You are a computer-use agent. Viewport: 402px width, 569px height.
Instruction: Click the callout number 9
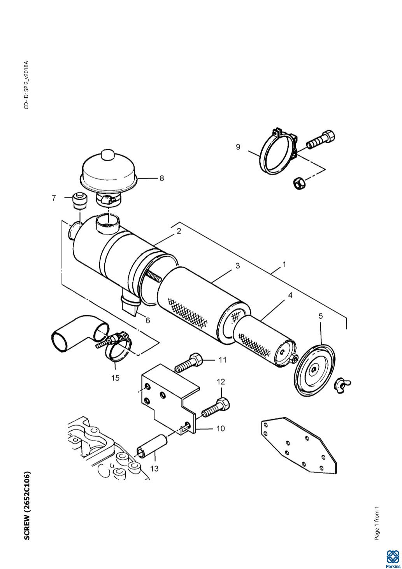238,147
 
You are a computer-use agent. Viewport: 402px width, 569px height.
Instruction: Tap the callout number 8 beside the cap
162,178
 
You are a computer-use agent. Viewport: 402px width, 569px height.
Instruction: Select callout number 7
54,198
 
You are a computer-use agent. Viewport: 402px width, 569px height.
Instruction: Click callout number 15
115,378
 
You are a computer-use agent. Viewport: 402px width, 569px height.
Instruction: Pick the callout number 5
321,316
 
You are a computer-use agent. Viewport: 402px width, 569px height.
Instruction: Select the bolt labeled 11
189,363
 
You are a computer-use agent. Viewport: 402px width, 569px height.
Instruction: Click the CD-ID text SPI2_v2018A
26,85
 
